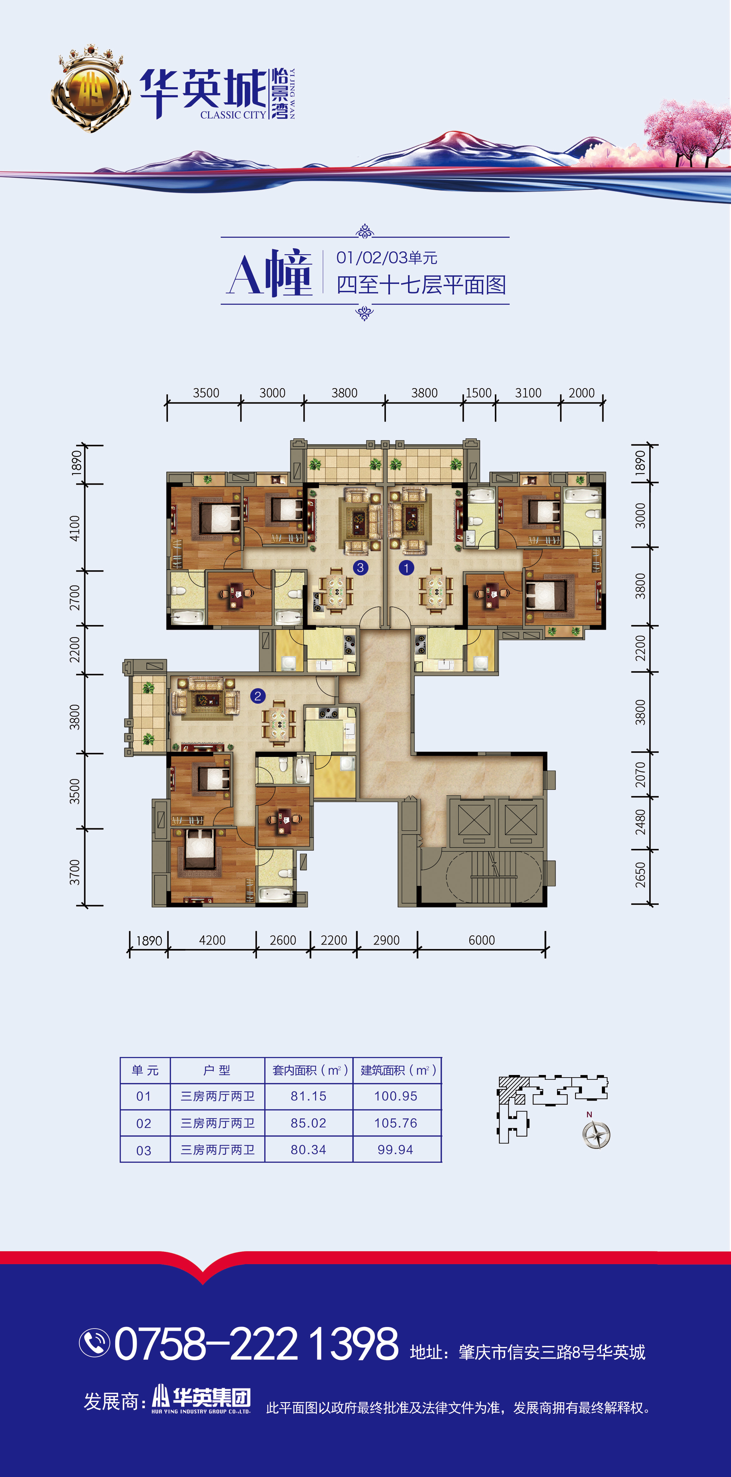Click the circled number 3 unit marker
pyautogui.click(x=360, y=567)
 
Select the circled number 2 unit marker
pyautogui.click(x=257, y=696)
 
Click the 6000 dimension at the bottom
pyautogui.click(x=482, y=940)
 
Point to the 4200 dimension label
pyautogui.click(x=212, y=940)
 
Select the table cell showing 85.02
pyautogui.click(x=309, y=1123)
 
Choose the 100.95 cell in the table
pyautogui.click(x=396, y=1096)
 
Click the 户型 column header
pyautogui.click(x=217, y=1070)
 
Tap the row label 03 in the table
pyautogui.click(x=144, y=1150)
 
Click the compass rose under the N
pyautogui.click(x=596, y=1135)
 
